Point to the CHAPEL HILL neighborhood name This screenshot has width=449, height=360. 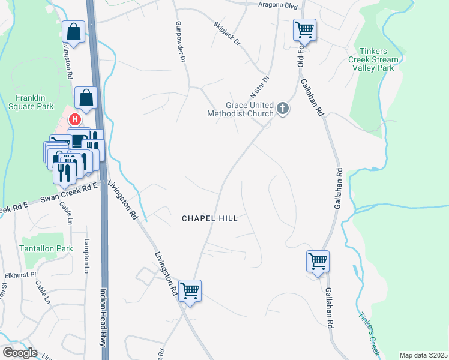point(209,219)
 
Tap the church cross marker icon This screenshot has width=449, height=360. point(283,109)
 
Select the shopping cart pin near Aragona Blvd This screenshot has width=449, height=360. point(304,29)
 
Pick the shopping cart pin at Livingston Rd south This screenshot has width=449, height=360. point(190,291)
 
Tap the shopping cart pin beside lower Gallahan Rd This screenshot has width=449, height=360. point(318,261)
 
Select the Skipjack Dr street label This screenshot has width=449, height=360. point(226,34)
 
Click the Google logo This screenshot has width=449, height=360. point(19,353)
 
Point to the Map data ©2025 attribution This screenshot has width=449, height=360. point(423,355)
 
